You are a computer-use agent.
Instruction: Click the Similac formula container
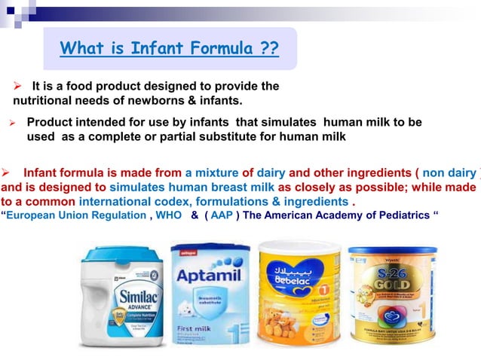click(x=123, y=297)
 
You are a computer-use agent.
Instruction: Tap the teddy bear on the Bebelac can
click(x=290, y=319)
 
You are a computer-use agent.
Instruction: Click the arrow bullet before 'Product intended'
click(x=12, y=121)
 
